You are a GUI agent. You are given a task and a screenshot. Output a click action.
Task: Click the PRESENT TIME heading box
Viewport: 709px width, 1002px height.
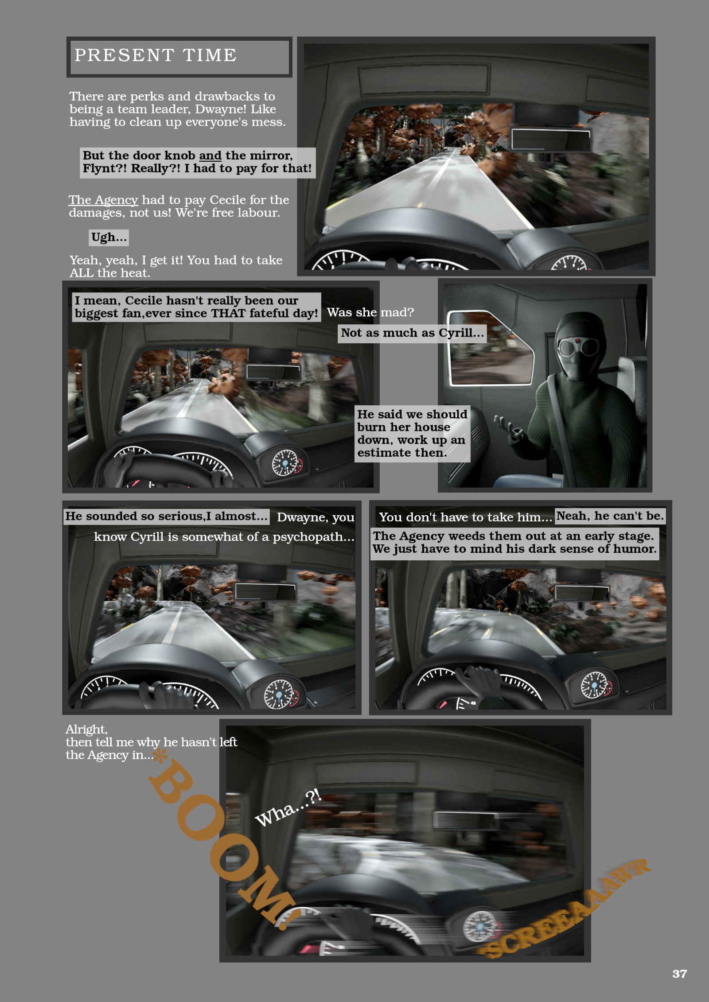tap(179, 57)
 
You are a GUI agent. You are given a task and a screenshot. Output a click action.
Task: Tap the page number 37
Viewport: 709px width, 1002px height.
tap(679, 973)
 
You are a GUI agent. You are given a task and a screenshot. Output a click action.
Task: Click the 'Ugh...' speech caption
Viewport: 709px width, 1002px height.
tap(109, 237)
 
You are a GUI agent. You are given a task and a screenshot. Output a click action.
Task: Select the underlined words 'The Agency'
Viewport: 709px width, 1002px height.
tap(103, 200)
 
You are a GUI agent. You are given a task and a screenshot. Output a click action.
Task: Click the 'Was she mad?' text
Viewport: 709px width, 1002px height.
tap(370, 312)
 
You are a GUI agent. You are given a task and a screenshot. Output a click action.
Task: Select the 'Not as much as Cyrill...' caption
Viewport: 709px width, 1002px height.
tap(412, 333)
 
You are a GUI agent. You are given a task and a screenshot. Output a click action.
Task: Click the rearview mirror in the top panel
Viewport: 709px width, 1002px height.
tap(551, 139)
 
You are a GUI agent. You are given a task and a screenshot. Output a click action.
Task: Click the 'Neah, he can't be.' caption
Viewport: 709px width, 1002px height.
tap(610, 516)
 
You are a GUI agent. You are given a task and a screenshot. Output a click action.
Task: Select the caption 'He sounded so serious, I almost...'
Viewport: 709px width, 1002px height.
tap(167, 516)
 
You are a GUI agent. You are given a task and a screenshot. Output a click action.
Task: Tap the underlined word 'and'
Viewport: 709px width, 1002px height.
tap(210, 155)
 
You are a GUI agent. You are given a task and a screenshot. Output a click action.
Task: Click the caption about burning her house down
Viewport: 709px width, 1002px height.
tap(412, 434)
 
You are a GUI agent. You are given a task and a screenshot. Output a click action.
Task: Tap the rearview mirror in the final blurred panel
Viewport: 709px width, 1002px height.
tap(465, 819)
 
